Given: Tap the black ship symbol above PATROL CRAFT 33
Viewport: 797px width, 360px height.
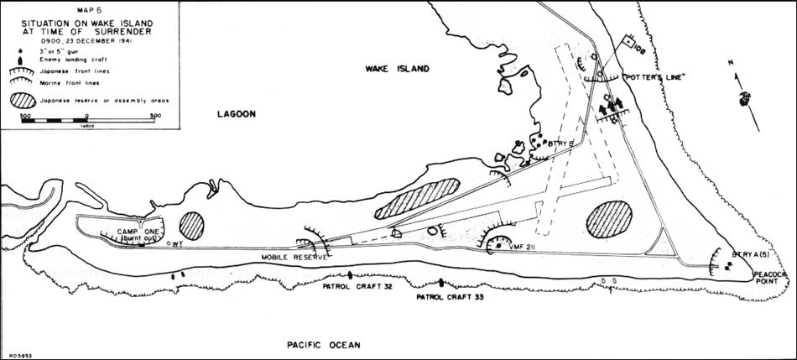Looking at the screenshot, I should (441, 282).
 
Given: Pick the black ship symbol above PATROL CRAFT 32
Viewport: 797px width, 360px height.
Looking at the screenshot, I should (351, 274).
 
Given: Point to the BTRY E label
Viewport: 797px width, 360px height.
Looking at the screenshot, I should (560, 143).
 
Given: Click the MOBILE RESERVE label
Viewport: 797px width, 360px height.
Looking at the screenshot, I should (291, 257).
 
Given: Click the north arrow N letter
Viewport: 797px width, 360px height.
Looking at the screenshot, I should (731, 62).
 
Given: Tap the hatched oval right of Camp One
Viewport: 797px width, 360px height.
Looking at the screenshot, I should (192, 224).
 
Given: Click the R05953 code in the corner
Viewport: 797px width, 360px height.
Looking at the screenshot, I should (16, 355).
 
